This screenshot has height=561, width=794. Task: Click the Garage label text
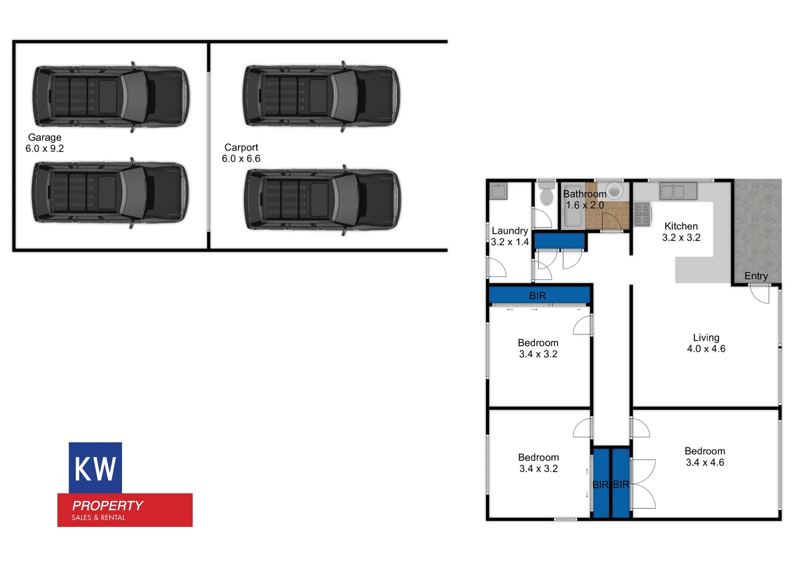(x=45, y=137)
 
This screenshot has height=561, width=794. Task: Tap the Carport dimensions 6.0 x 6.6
(x=241, y=158)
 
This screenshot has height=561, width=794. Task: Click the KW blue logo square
(x=95, y=468)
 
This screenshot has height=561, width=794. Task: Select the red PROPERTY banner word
(x=108, y=505)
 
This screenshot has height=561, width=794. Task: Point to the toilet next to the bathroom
(x=547, y=195)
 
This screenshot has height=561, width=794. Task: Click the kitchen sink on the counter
(x=678, y=191)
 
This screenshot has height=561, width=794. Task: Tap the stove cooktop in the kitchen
(x=642, y=214)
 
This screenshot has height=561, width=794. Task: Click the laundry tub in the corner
(x=498, y=191)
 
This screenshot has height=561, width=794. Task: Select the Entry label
(x=756, y=276)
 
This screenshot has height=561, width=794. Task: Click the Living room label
(x=706, y=338)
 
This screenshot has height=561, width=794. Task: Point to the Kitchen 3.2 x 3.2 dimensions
(x=681, y=237)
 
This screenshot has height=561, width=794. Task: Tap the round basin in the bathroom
(x=615, y=190)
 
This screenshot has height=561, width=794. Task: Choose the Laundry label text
(x=510, y=231)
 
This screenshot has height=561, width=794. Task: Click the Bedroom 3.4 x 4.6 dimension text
(x=705, y=462)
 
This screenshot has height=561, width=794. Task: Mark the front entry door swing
(x=760, y=294)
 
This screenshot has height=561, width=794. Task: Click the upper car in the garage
(x=110, y=96)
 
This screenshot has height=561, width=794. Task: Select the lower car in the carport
(x=322, y=199)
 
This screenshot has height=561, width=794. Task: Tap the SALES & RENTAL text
(x=99, y=517)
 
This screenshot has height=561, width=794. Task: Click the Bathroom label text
(x=585, y=194)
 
